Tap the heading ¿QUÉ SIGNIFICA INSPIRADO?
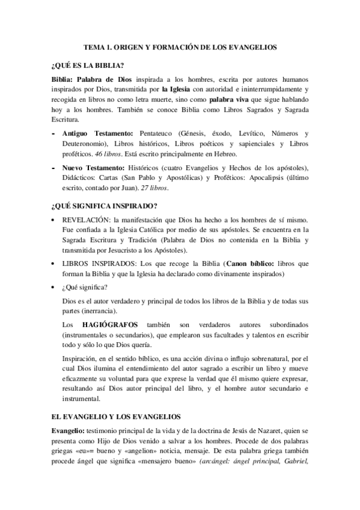click(101, 206)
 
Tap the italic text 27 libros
click(154, 189)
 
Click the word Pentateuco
click(159, 132)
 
